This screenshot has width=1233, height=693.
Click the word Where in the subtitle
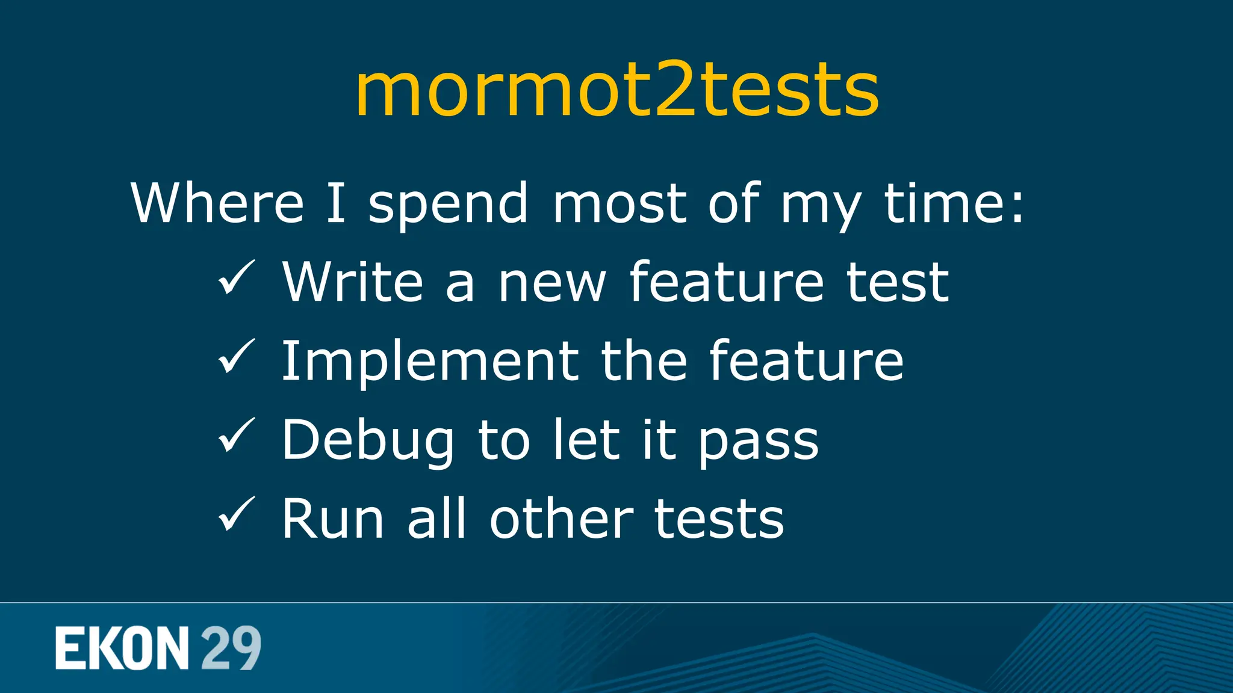click(217, 203)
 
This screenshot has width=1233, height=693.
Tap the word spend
click(448, 205)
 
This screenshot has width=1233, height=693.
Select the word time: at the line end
click(954, 203)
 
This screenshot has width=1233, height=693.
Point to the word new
click(551, 283)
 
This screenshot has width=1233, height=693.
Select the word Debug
click(368, 441)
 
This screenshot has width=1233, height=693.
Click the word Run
click(332, 519)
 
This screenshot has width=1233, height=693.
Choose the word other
click(561, 519)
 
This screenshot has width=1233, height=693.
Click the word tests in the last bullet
click(719, 519)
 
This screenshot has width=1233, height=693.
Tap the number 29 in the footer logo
click(231, 648)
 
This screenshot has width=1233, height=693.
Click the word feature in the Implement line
click(806, 361)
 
